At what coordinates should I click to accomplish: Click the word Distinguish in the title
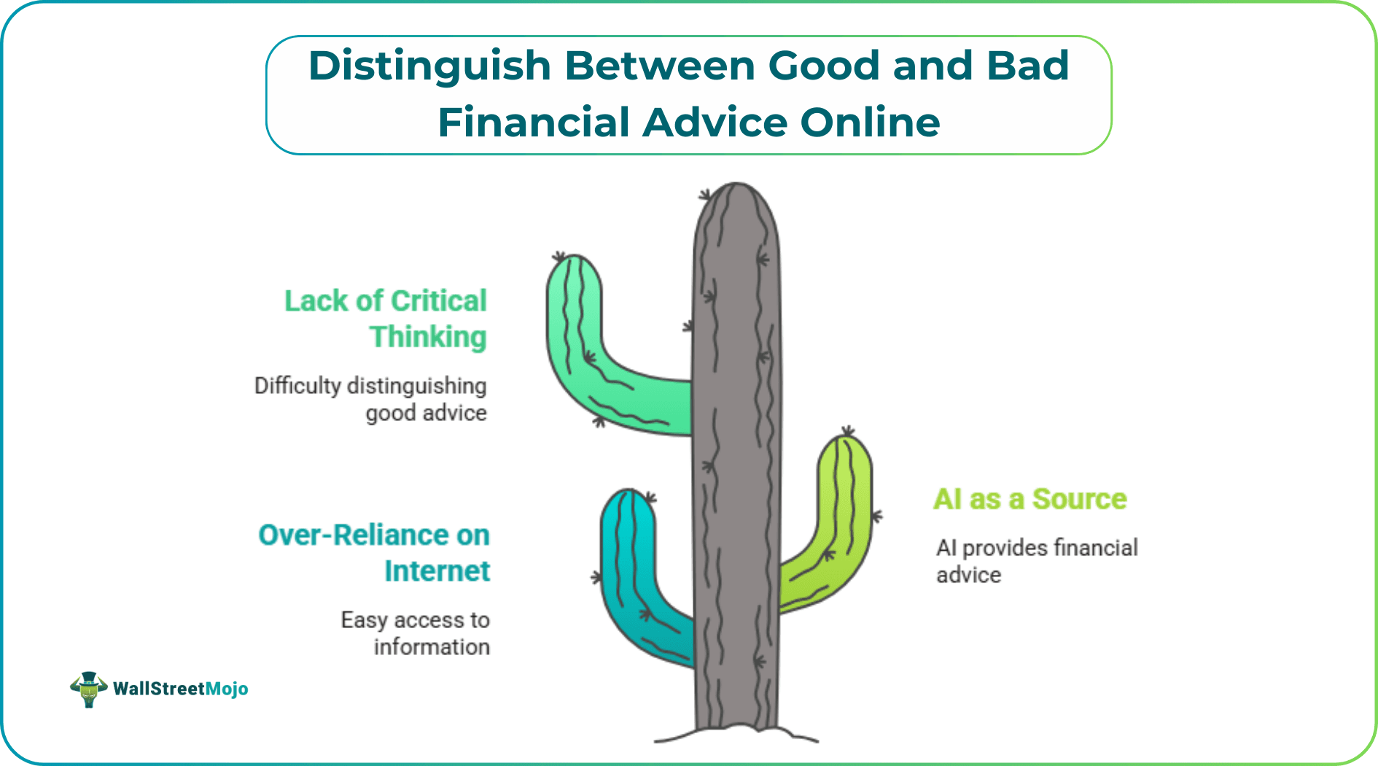pyautogui.click(x=429, y=66)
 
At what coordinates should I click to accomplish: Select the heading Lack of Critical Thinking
pyautogui.click(x=386, y=319)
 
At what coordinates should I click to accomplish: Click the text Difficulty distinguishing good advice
pyautogui.click(x=370, y=399)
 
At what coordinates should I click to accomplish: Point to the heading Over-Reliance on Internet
pyautogui.click(x=374, y=553)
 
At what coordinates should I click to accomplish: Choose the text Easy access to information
pyautogui.click(x=415, y=633)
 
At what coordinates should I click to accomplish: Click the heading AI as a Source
pyautogui.click(x=1029, y=500)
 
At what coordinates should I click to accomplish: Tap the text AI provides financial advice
pyautogui.click(x=1036, y=561)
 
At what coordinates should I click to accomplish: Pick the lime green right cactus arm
pyautogui.click(x=838, y=525)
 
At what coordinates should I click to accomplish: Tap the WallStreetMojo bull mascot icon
pyautogui.click(x=88, y=689)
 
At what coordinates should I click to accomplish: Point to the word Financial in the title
pyautogui.click(x=533, y=123)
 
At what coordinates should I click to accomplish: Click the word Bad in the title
pyautogui.click(x=1027, y=66)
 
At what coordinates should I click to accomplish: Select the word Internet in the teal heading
pyautogui.click(x=437, y=571)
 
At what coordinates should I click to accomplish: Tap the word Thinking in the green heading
pyautogui.click(x=428, y=337)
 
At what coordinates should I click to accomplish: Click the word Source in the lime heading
pyautogui.click(x=1079, y=500)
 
